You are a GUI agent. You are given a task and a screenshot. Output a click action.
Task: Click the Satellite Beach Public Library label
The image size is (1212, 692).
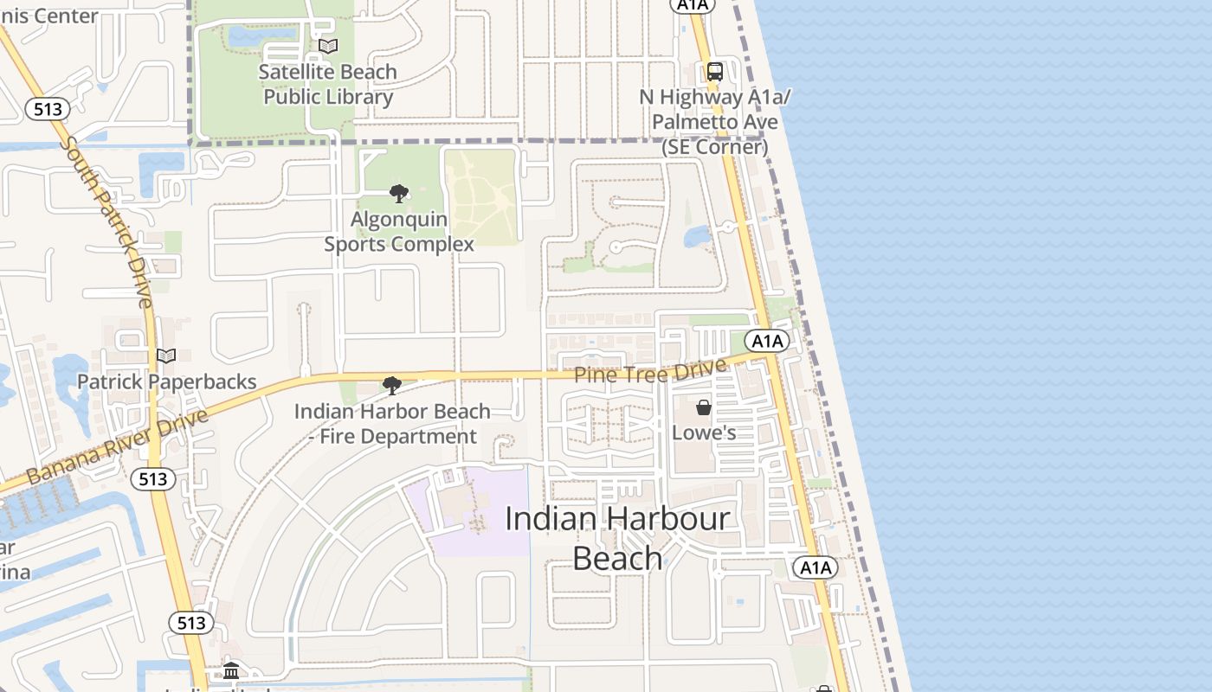(327, 84)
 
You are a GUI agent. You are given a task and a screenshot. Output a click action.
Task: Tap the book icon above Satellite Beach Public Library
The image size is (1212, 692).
(327, 46)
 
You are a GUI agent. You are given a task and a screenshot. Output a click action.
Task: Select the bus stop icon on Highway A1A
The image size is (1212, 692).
(714, 72)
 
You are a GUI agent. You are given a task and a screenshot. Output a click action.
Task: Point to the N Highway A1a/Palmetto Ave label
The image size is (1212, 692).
(714, 122)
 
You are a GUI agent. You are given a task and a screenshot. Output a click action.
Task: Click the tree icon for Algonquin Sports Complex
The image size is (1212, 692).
(398, 193)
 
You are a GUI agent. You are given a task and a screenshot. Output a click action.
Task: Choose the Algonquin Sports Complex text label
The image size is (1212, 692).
(398, 232)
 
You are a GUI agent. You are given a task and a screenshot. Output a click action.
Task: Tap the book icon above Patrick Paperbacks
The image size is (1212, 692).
(166, 356)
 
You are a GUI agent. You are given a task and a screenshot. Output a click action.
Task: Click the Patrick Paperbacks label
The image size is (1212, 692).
(166, 381)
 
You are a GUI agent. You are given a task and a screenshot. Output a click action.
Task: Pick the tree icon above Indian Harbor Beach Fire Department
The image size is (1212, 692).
(392, 385)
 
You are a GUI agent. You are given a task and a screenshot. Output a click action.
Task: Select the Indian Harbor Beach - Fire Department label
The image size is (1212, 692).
(392, 423)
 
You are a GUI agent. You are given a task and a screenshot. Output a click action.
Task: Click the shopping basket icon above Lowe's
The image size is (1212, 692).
(704, 407)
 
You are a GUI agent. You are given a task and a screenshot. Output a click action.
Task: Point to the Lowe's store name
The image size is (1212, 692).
(704, 432)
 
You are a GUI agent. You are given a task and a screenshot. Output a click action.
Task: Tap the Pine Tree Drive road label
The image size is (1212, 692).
(650, 373)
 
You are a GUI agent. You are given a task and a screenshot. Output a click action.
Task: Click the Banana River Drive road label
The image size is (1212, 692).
(118, 446)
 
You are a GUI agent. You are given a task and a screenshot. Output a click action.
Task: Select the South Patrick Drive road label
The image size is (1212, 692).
(110, 221)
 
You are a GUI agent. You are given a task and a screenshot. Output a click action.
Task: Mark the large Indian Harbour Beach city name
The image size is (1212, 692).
(617, 538)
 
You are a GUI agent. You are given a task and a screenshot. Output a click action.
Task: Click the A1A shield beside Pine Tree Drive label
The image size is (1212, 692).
(767, 341)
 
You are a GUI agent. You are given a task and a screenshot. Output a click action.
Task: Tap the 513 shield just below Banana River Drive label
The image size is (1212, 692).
(153, 478)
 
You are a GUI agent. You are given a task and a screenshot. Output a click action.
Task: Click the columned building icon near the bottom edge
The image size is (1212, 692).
(231, 670)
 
